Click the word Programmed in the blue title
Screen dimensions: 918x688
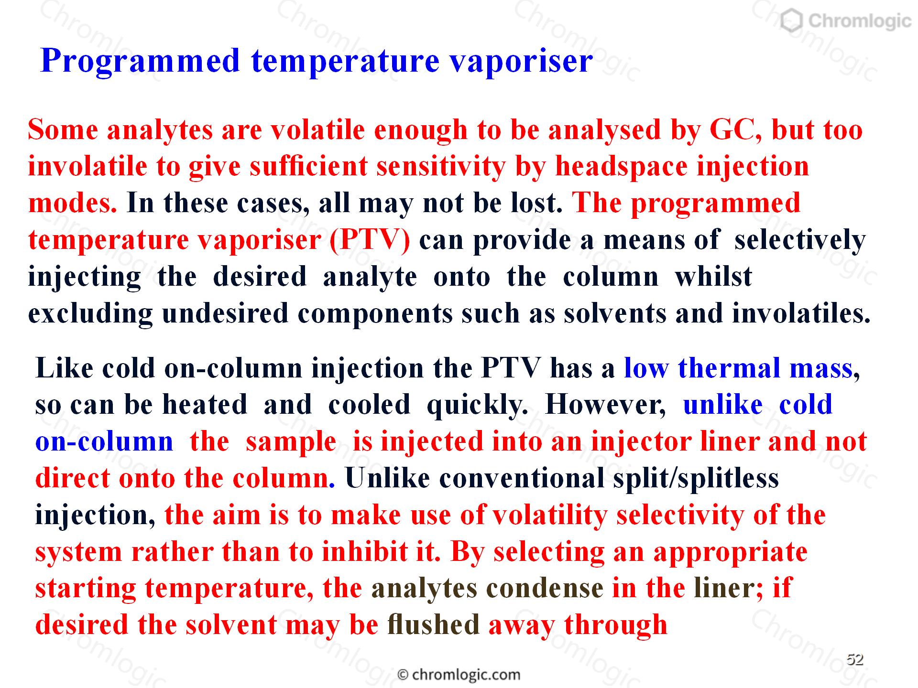point(140,61)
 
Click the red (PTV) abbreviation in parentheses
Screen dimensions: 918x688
point(370,240)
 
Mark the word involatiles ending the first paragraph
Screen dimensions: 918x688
point(801,314)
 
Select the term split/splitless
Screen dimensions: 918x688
point(696,479)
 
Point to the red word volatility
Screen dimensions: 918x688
point(550,516)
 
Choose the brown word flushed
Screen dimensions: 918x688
point(434,625)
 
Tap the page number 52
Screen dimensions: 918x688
point(855,660)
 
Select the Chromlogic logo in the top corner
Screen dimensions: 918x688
point(845,21)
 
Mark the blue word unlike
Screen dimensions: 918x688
point(723,405)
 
